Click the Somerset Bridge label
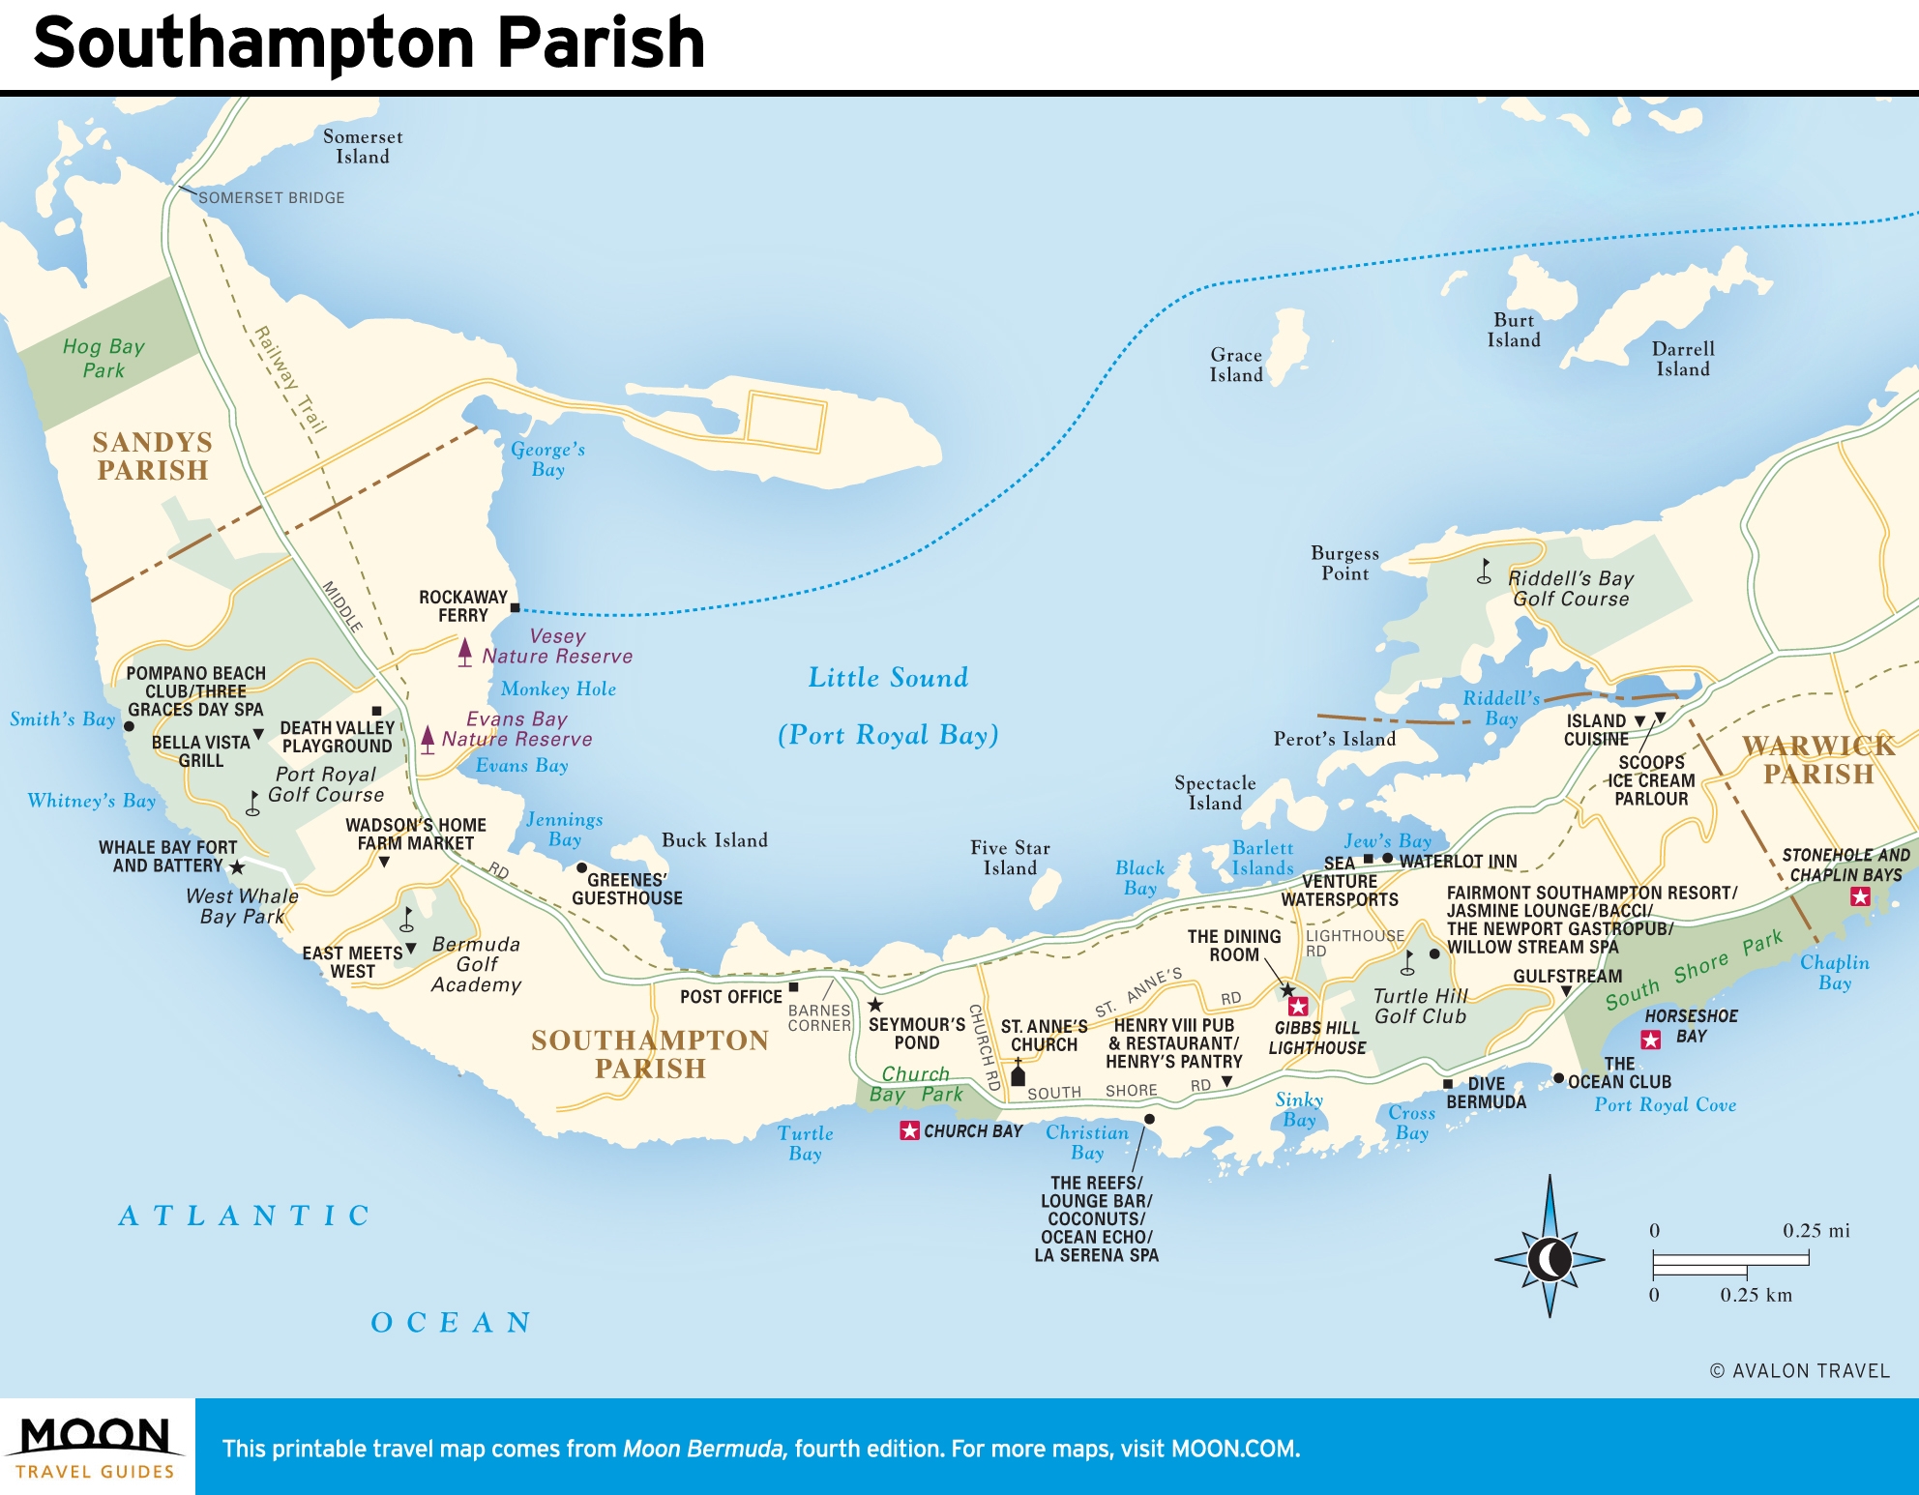(271, 197)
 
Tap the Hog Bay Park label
(103, 358)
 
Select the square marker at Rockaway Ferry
(515, 607)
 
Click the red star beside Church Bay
(909, 1130)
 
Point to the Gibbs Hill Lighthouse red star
(1298, 1006)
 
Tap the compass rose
(1550, 1258)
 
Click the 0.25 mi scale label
(1816, 1230)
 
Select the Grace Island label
(1236, 365)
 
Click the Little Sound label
(888, 677)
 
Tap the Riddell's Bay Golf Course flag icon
(1485, 572)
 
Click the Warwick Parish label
(1817, 759)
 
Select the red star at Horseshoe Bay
(1651, 1040)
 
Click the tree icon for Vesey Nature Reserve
(465, 652)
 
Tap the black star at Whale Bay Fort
(237, 867)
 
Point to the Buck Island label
(714, 840)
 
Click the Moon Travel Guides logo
(96, 1447)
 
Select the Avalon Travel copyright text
(1799, 1370)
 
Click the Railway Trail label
(290, 379)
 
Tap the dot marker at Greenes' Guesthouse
(581, 867)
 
